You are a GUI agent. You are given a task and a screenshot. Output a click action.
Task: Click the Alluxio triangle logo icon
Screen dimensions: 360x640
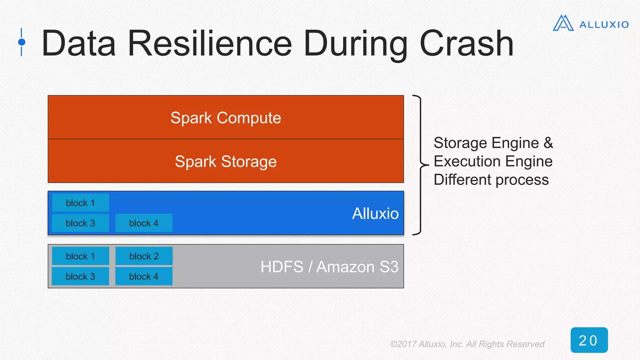pyautogui.click(x=563, y=23)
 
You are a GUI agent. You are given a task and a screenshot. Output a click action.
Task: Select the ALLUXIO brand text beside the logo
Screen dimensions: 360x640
pyautogui.click(x=604, y=25)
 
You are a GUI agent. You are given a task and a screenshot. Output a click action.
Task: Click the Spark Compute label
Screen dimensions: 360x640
pyautogui.click(x=226, y=118)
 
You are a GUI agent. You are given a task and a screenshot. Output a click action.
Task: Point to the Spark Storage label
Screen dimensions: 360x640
pyautogui.click(x=226, y=162)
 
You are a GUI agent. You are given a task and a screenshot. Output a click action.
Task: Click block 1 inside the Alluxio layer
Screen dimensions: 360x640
pyautogui.click(x=80, y=203)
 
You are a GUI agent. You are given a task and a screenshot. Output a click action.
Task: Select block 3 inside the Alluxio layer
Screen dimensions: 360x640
pyautogui.click(x=80, y=223)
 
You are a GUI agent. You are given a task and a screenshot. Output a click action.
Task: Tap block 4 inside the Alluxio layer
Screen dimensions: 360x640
pyautogui.click(x=144, y=223)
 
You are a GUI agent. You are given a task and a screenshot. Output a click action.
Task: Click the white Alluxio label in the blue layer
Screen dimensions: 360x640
pyautogui.click(x=375, y=214)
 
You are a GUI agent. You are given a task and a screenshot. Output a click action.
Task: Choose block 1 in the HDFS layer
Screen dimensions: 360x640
pyautogui.click(x=80, y=256)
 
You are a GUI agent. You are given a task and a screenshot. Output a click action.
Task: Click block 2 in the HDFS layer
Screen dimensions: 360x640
pyautogui.click(x=144, y=256)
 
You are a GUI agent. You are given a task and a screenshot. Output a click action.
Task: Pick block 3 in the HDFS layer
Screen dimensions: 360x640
pyautogui.click(x=80, y=277)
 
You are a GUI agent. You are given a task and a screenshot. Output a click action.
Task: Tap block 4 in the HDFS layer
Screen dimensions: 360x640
pyautogui.click(x=144, y=277)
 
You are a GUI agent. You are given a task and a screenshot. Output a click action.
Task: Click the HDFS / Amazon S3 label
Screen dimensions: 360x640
pyautogui.click(x=329, y=267)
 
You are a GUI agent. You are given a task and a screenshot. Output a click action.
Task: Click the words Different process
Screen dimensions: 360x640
pyautogui.click(x=491, y=180)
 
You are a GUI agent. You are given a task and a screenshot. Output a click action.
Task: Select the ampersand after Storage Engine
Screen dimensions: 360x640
pyautogui.click(x=548, y=143)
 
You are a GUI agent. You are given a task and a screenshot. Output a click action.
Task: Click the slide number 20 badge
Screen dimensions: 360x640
pyautogui.click(x=589, y=340)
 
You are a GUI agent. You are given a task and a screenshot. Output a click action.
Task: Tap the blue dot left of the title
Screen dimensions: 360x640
pyautogui.click(x=22, y=42)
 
